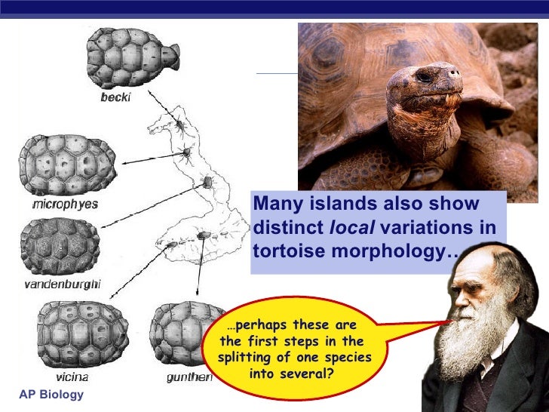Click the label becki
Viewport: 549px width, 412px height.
click(115, 97)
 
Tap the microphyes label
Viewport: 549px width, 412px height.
click(65, 204)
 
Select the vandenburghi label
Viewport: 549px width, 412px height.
click(62, 284)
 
